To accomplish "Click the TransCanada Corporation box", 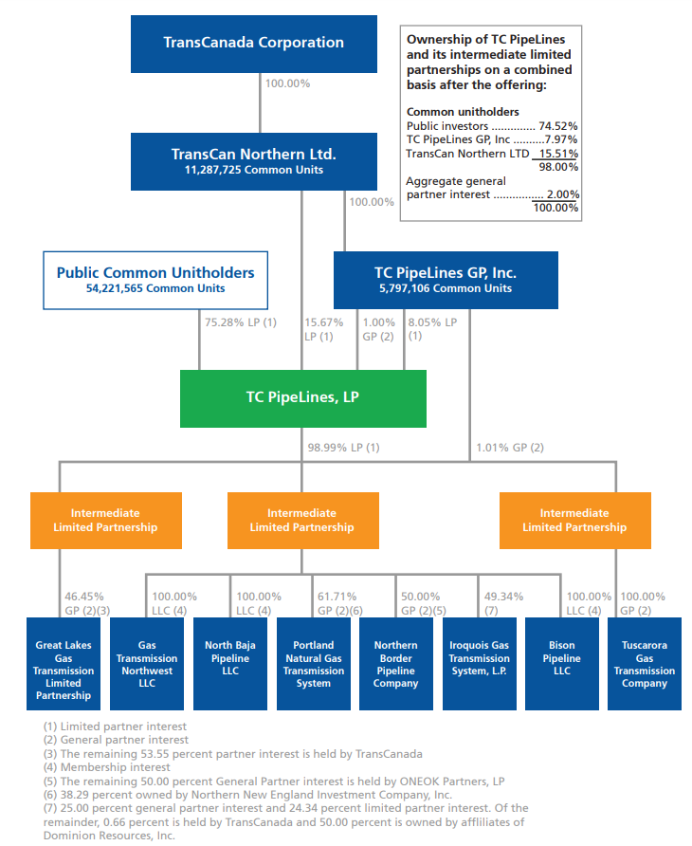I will (x=253, y=43).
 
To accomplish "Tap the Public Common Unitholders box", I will (x=155, y=280).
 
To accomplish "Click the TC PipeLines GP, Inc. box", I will (x=445, y=280).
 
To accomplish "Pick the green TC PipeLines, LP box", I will (x=302, y=398).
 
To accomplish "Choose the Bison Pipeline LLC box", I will (x=561, y=664).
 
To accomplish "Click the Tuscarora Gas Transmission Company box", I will (x=645, y=664).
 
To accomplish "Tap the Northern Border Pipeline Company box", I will (x=395, y=664).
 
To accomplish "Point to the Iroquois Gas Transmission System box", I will (x=479, y=664).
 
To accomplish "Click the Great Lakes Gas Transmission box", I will (x=64, y=664).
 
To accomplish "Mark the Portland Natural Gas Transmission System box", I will (x=313, y=664).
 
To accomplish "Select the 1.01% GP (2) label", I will (x=510, y=447).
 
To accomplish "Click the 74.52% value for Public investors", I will (x=560, y=125).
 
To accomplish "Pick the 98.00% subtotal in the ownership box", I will (x=560, y=166).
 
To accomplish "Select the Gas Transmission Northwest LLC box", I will (x=147, y=664).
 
